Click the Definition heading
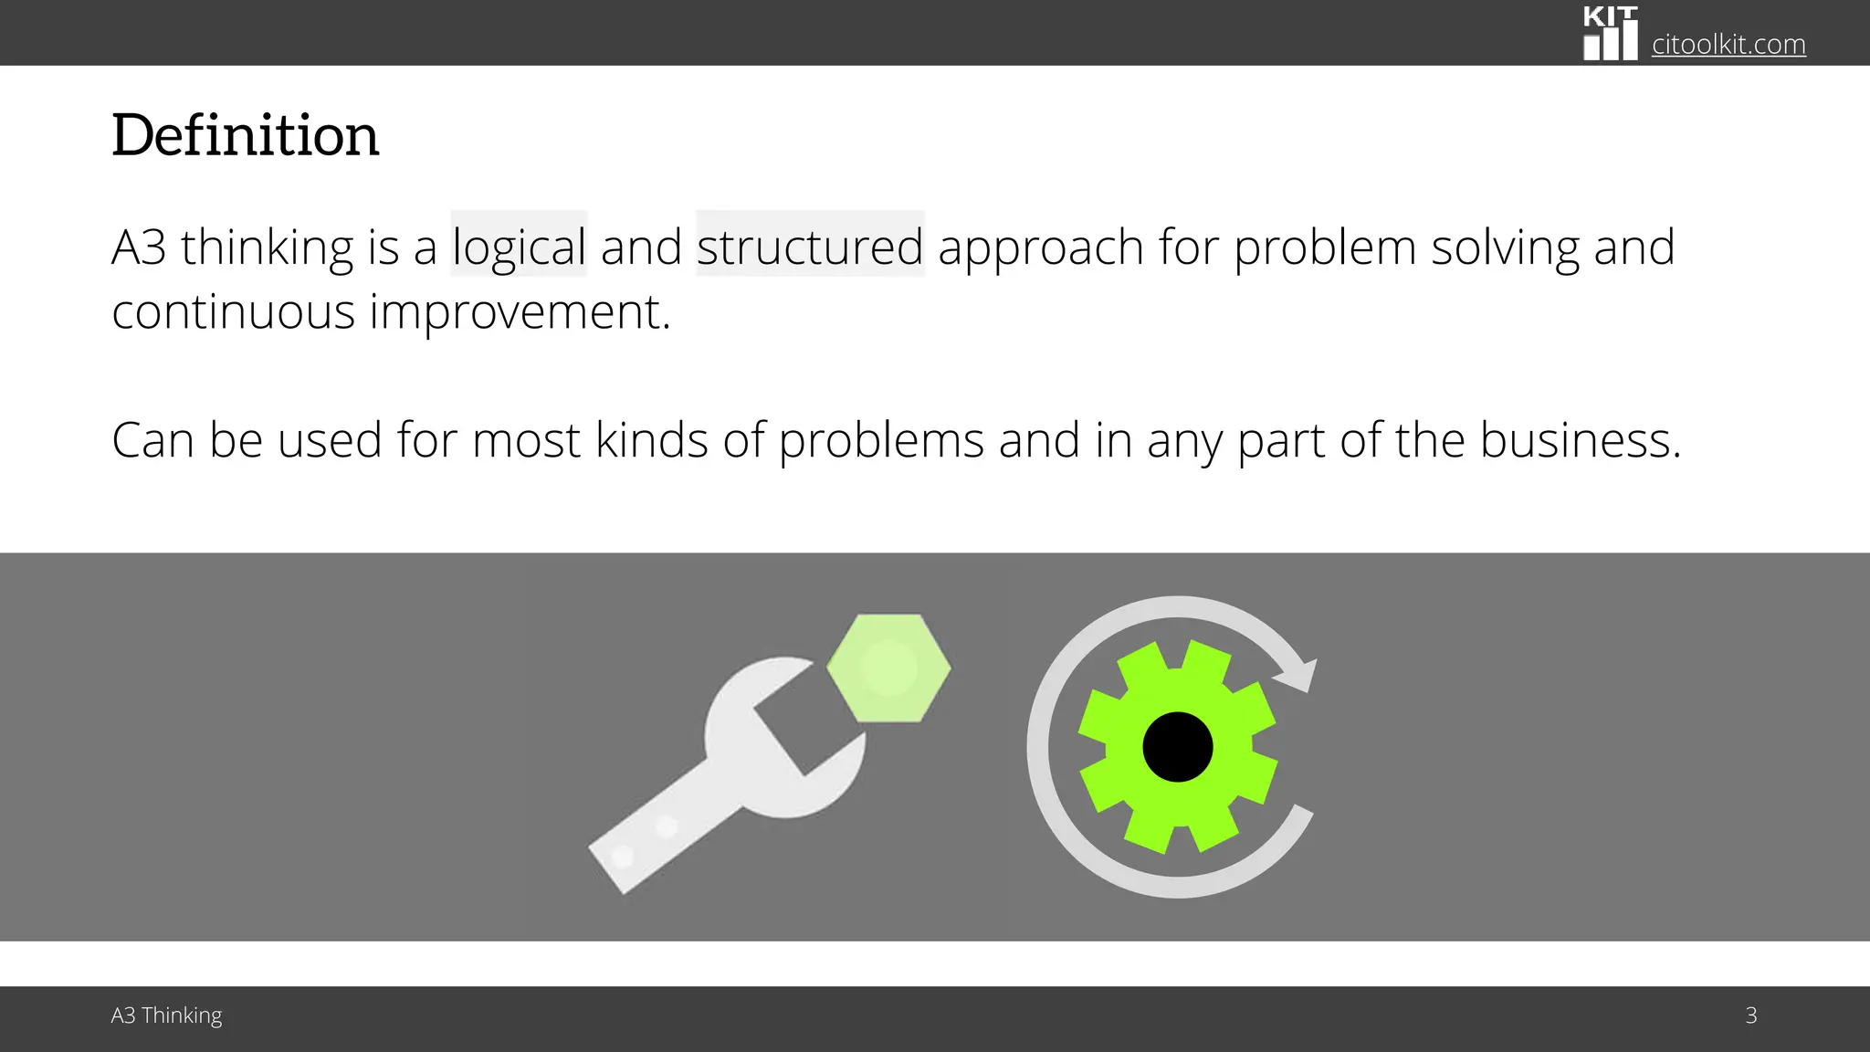[x=245, y=135]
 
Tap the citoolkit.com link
[x=1728, y=44]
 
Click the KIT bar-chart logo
[x=1610, y=35]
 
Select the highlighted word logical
[x=519, y=247]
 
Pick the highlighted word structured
[x=810, y=247]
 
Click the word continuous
[x=233, y=311]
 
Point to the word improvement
[x=520, y=311]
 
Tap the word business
[x=1580, y=440]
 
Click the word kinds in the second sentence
[x=652, y=440]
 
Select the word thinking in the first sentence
[x=267, y=247]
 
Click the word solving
[x=1505, y=247]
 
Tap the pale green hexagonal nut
[x=888, y=668]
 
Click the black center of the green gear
[x=1178, y=747]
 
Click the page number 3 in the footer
[x=1751, y=1015]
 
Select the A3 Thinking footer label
[x=166, y=1015]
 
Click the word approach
[x=1041, y=247]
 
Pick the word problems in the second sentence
[x=881, y=440]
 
